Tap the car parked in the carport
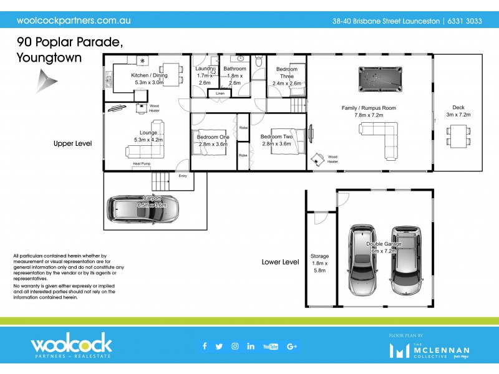pyautogui.click(x=143, y=210)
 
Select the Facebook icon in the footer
pyautogui.click(x=204, y=347)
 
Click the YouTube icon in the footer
pyautogui.click(x=271, y=347)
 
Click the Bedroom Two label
pyautogui.click(x=277, y=140)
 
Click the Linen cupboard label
pyautogui.click(x=220, y=93)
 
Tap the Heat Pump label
pyautogui.click(x=142, y=164)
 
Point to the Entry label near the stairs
pyautogui.click(x=183, y=176)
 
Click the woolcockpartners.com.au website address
pyautogui.click(x=74, y=20)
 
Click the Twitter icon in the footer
pyautogui.click(x=219, y=347)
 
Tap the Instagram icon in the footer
pyautogui.click(x=235, y=347)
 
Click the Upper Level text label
pyautogui.click(x=72, y=143)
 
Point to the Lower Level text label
pyautogui.click(x=281, y=262)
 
